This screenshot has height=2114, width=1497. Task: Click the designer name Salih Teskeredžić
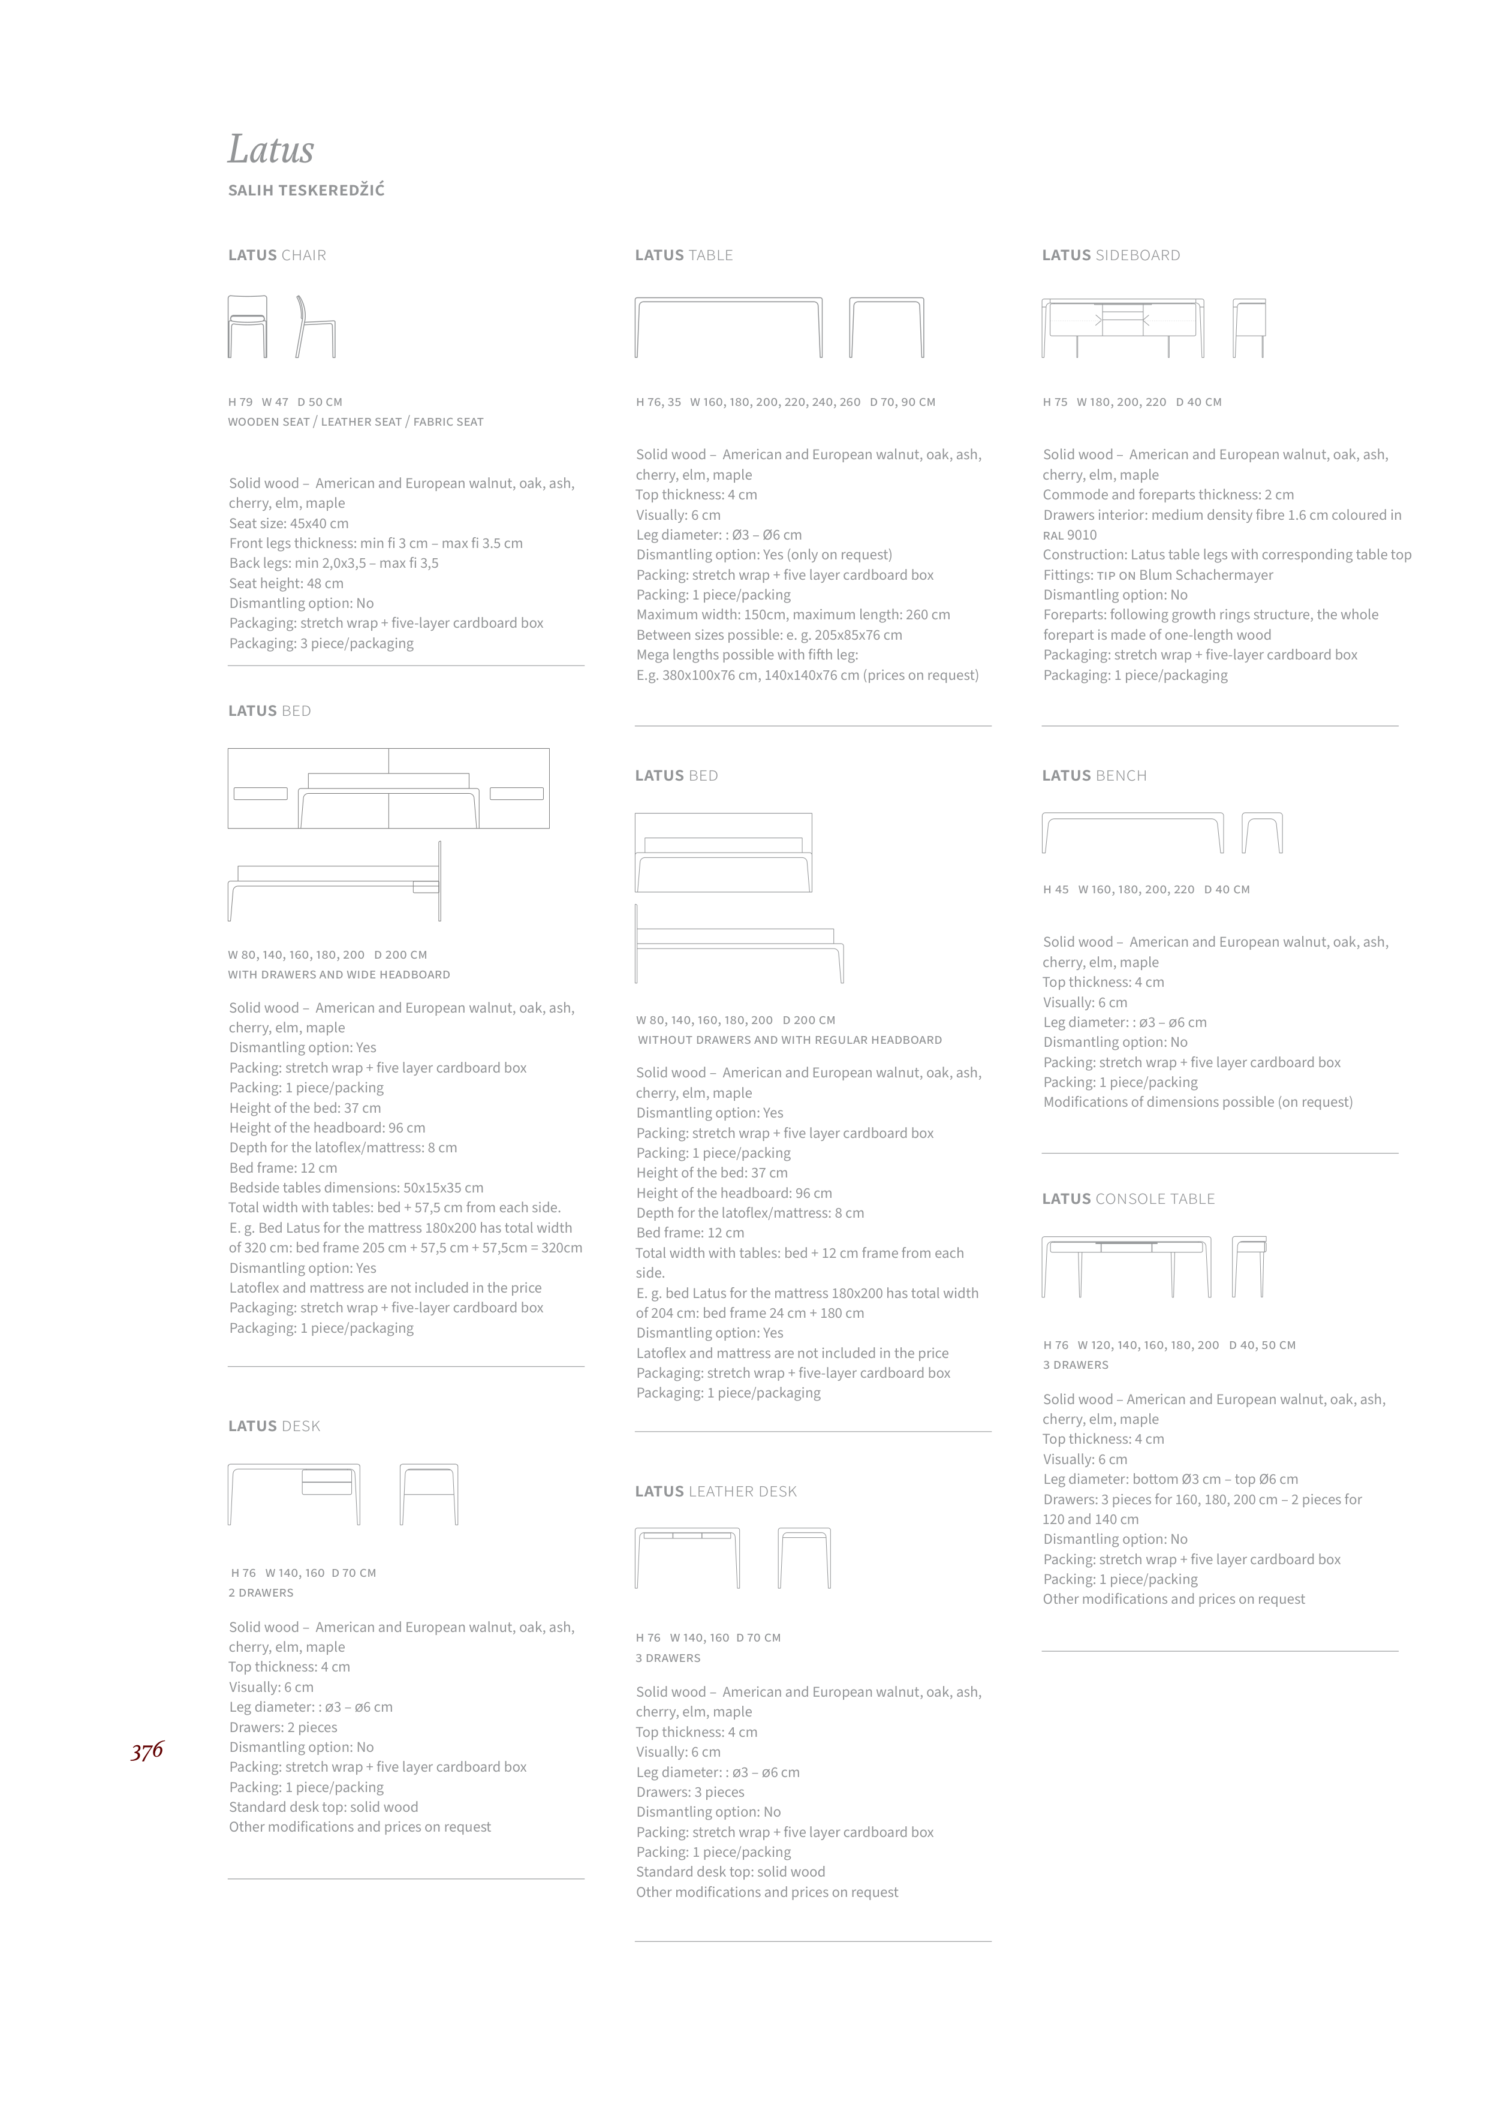[x=306, y=191]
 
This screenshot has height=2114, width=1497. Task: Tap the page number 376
[x=146, y=1751]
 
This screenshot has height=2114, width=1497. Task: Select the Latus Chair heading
[x=276, y=255]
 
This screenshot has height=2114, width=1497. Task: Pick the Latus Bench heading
[x=1094, y=775]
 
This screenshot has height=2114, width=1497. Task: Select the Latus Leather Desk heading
[x=715, y=1490]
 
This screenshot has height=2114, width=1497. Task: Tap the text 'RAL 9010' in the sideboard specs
[x=1070, y=535]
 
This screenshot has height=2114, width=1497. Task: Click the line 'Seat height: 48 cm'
[x=286, y=583]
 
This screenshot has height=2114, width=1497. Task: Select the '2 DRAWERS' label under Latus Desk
[x=261, y=1593]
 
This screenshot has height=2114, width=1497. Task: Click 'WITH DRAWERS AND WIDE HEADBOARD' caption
[x=339, y=974]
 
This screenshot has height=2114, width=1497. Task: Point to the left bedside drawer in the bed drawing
[x=261, y=793]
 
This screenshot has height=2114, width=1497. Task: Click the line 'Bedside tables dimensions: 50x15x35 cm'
[x=356, y=1188]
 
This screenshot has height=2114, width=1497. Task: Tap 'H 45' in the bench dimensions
[x=1056, y=890]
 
